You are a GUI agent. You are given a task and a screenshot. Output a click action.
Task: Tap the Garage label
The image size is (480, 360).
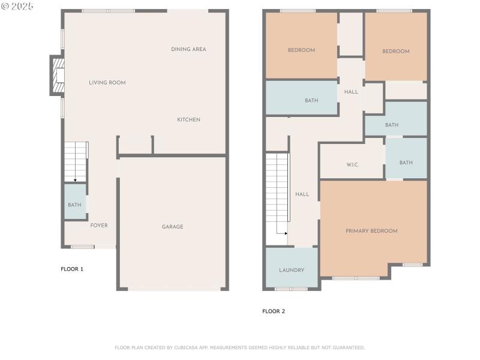tap(172, 227)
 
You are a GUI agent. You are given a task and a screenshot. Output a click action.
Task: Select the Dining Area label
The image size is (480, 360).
tap(188, 49)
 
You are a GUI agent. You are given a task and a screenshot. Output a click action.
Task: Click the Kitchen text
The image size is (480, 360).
tap(188, 120)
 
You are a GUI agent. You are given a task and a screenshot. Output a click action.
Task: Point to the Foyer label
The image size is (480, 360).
tap(99, 226)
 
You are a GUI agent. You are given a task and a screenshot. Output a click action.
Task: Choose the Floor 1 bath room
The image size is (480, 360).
tap(74, 205)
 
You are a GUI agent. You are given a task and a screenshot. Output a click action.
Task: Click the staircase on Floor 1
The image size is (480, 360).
tap(76, 161)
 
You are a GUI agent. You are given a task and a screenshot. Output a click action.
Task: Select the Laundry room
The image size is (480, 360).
tap(292, 270)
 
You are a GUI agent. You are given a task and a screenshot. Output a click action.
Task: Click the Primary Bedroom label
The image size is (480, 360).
tap(371, 231)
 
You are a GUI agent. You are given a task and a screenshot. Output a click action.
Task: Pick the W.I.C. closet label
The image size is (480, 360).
tap(352, 164)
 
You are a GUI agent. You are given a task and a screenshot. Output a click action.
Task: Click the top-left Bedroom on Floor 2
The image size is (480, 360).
tap(301, 50)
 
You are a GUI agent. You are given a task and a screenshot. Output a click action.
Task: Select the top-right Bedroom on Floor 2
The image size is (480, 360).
tap(396, 52)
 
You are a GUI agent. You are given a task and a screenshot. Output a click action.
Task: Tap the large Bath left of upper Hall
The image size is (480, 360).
tap(311, 101)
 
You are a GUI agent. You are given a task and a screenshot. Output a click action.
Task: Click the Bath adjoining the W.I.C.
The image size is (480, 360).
tap(406, 163)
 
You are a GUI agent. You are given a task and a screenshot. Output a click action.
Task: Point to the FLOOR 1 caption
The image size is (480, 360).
tap(72, 269)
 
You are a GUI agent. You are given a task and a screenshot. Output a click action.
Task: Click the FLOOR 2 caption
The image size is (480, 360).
tap(274, 311)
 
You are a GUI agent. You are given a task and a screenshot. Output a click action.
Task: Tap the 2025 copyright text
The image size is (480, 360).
tap(18, 6)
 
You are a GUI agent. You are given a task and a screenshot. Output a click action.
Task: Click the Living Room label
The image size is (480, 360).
tap(107, 83)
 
